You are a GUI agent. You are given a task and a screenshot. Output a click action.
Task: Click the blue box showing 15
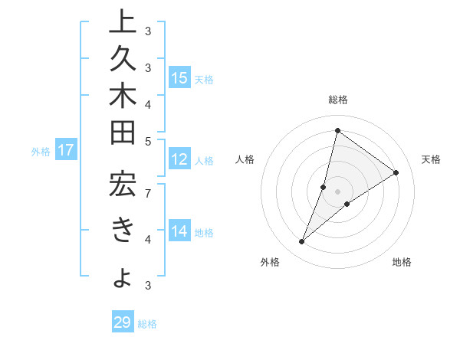click(x=179, y=78)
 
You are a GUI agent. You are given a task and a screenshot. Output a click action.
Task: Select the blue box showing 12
click(x=179, y=160)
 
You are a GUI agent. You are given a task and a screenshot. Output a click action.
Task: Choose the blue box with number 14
click(x=179, y=231)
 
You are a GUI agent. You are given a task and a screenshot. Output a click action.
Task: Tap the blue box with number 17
click(x=66, y=150)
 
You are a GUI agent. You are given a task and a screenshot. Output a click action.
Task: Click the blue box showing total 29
click(x=123, y=322)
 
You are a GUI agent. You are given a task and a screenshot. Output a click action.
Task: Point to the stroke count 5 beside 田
click(x=147, y=140)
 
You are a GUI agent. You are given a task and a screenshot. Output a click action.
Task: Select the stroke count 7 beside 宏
click(x=147, y=191)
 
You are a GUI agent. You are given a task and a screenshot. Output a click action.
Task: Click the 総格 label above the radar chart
click(x=337, y=100)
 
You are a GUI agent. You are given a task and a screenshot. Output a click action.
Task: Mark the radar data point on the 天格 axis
click(x=396, y=172)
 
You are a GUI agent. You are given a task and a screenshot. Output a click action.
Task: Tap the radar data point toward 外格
click(x=302, y=242)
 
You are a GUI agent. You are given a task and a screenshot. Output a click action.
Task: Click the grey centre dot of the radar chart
click(x=337, y=191)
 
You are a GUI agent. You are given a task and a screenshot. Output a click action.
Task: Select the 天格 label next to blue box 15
click(x=204, y=79)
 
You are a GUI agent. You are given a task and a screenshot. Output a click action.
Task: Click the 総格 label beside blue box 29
click(x=147, y=324)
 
